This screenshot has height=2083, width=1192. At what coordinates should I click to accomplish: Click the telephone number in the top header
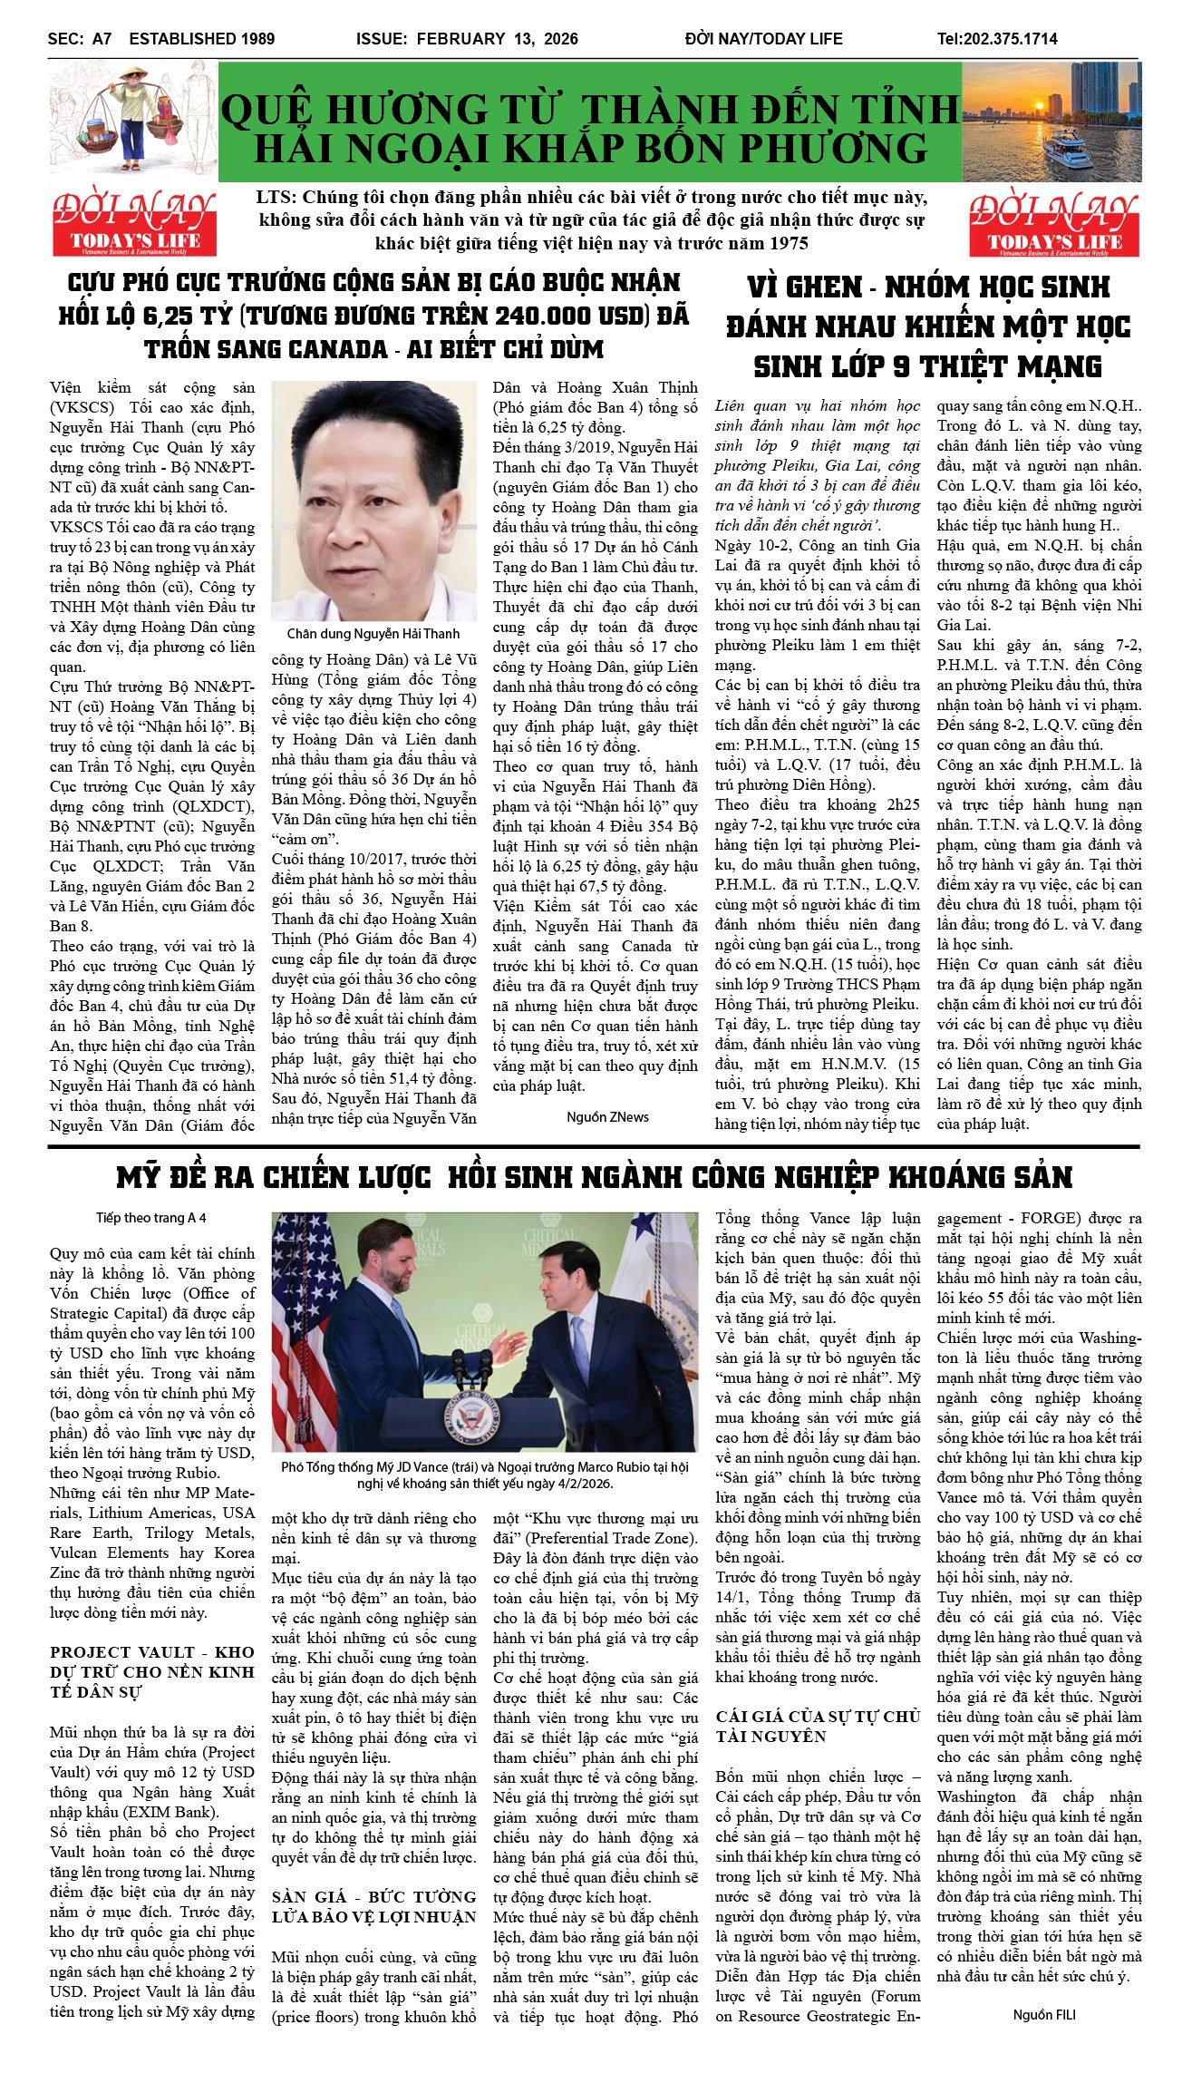tap(997, 39)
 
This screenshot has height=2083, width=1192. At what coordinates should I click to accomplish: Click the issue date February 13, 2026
tap(467, 39)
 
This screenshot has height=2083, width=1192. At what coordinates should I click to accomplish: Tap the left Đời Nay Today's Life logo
tap(133, 222)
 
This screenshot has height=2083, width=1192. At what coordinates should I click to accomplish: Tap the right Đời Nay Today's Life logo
tap(1054, 222)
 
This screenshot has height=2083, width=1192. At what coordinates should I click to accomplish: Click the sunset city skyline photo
tap(1051, 122)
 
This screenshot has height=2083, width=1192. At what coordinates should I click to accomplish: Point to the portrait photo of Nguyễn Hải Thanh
tap(373, 501)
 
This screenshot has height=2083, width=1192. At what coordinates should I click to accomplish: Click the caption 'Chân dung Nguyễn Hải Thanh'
tap(373, 634)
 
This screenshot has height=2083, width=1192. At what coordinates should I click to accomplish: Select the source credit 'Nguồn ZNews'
tap(607, 1116)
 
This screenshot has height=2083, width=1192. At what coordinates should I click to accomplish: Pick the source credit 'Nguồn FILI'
tap(1044, 2015)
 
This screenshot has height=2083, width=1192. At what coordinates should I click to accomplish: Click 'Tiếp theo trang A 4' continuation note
tap(151, 1218)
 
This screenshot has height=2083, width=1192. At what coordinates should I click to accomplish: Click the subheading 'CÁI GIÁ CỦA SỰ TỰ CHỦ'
tap(818, 1726)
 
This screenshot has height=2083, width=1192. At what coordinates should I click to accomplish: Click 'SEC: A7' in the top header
tap(80, 39)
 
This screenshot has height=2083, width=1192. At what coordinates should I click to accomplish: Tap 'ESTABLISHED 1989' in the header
tap(201, 39)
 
